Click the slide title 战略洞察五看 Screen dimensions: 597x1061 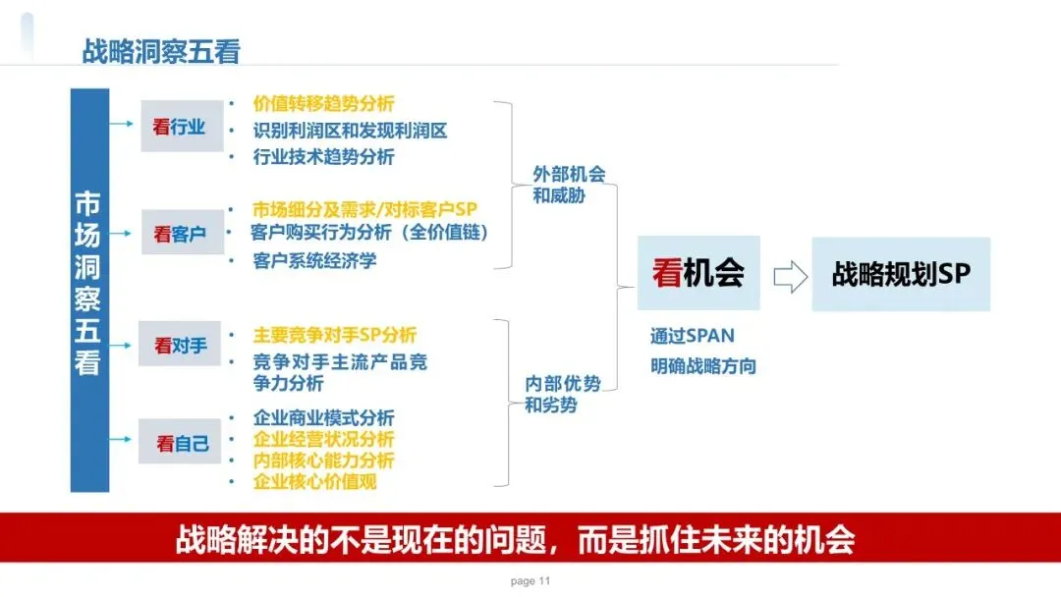point(161,51)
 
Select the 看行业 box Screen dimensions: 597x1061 point(182,126)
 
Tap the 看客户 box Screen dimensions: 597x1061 point(182,233)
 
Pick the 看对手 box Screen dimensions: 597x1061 point(180,345)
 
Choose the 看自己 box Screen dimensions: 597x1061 point(180,443)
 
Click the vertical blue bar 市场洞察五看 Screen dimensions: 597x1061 point(87,290)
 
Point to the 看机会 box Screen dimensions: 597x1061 point(698,273)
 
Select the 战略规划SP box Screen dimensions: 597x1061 point(901,274)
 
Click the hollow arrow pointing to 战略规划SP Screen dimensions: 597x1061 point(789,276)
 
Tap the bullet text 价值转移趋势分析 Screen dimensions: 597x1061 point(323,104)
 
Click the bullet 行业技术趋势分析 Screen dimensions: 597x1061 point(323,157)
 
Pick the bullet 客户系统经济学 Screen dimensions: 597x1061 point(314,261)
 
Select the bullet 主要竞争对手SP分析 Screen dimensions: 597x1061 point(334,335)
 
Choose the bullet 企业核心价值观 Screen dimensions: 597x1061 point(314,482)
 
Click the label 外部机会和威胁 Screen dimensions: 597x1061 point(569,184)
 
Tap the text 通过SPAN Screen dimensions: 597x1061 point(692,336)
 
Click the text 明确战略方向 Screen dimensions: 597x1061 point(702,366)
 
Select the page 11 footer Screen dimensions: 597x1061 point(530,581)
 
